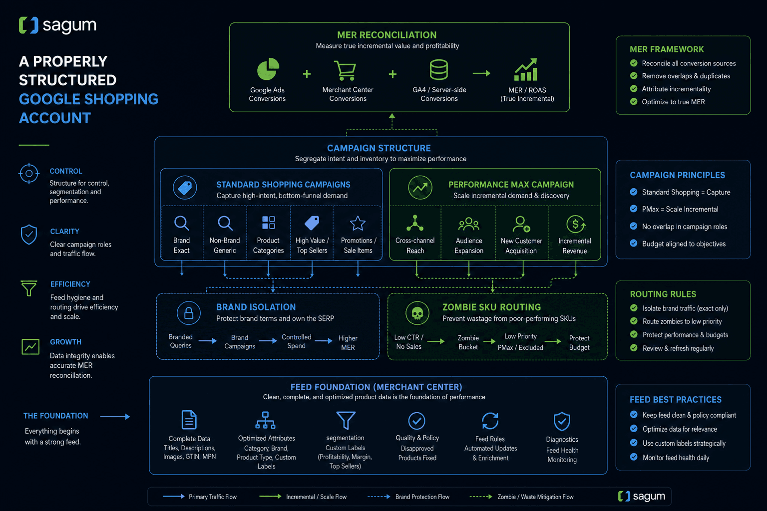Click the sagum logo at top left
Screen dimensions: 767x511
57,25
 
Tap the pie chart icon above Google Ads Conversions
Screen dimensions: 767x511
268,69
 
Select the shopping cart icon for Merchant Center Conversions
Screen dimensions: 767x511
345,70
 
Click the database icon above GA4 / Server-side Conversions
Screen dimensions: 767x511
438,69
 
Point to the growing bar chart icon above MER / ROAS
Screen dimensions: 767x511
526,69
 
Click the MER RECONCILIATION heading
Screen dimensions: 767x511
386,35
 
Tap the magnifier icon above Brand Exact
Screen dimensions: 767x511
181,223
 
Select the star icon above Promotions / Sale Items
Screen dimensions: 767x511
358,223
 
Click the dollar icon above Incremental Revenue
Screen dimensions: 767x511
576,224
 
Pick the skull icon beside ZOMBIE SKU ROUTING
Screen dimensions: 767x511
417,313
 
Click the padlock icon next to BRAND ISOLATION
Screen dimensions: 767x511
189,313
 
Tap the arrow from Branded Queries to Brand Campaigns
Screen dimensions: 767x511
208,341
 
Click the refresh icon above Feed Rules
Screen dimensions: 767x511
490,421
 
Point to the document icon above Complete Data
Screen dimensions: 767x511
189,420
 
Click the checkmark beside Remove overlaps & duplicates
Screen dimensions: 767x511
634,76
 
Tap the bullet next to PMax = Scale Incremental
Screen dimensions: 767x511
634,209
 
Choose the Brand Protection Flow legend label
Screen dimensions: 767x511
422,497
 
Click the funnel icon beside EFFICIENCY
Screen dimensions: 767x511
29,288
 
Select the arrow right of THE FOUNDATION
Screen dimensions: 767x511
115,417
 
